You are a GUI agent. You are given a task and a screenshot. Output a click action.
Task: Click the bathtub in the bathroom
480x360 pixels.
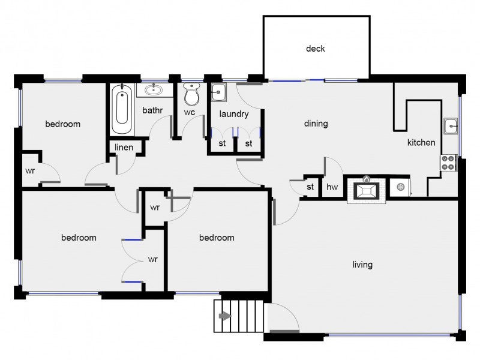tap(122, 109)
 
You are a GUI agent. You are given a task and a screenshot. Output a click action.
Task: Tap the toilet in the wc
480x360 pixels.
tap(192, 94)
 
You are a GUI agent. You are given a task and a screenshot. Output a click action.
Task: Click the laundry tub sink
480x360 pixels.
tap(218, 92)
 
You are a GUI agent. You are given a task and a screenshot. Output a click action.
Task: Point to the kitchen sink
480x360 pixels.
tap(451, 126)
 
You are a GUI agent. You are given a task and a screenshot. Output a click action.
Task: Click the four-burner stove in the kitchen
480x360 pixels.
tap(448, 163)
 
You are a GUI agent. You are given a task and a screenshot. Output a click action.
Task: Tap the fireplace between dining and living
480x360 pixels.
tap(366, 190)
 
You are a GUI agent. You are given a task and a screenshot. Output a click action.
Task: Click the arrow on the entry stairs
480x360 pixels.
tap(225, 316)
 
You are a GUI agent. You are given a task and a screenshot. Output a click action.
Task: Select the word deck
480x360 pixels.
tap(316, 49)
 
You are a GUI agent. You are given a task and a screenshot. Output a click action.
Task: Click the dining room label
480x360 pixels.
tap(316, 124)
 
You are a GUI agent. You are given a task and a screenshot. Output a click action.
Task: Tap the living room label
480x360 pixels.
tap(362, 265)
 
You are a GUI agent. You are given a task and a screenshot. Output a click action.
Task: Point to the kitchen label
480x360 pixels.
tap(421, 142)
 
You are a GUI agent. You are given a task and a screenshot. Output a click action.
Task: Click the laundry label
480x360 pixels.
tap(234, 114)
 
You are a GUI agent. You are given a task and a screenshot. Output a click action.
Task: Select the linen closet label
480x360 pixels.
tap(124, 148)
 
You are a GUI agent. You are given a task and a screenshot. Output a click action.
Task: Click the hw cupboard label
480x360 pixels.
tap(332, 187)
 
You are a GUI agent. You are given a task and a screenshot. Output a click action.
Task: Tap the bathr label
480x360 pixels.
tap(152, 110)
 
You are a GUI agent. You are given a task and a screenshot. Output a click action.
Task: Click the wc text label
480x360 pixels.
tap(190, 112)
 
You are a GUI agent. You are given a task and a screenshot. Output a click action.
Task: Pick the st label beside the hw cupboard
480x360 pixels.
tap(310, 187)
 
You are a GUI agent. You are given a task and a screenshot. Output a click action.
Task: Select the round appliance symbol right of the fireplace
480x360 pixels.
tap(401, 187)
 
